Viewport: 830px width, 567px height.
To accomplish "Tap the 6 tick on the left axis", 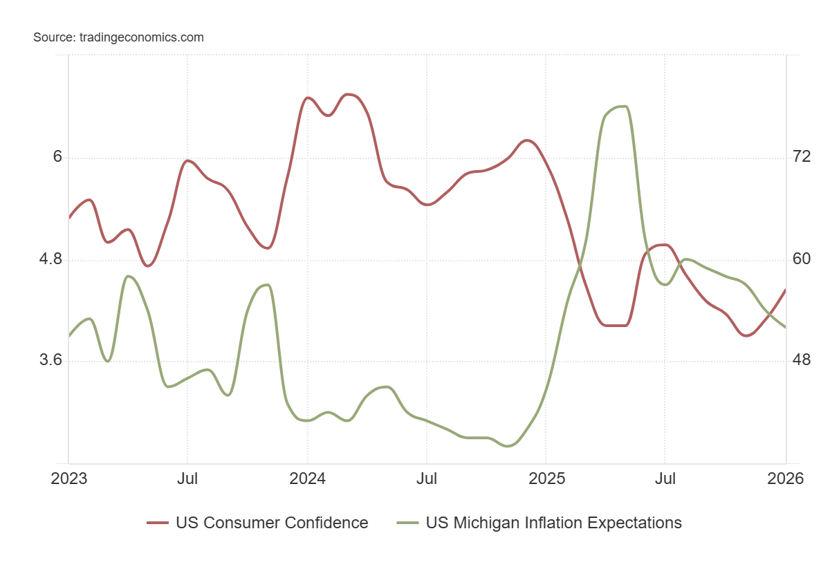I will pos(57,157).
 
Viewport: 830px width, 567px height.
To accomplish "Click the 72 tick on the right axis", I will pos(802,157).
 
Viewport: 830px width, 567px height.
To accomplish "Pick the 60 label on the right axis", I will pos(802,259).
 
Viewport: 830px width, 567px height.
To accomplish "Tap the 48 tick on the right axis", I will pos(802,360).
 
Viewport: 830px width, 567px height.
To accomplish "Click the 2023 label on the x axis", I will pos(69,478).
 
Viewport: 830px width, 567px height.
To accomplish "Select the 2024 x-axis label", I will pos(307,478).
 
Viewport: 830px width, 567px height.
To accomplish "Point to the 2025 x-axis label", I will pos(546,478).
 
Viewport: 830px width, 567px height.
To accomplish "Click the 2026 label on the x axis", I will pos(785,478).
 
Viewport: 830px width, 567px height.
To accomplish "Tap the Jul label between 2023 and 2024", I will pos(187,478).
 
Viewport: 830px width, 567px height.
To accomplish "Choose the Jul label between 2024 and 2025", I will pos(426,478).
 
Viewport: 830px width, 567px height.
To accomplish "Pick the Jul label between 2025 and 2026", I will pos(665,478).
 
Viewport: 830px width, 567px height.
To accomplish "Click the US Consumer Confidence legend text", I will pos(272,523).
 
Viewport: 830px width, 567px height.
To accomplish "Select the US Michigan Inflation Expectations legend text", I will pos(553,523).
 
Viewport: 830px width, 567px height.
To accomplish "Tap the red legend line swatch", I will pos(158,523).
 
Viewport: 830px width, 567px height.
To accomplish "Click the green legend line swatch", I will pos(407,523).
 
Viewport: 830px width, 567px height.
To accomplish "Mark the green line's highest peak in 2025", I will pos(622,106).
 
